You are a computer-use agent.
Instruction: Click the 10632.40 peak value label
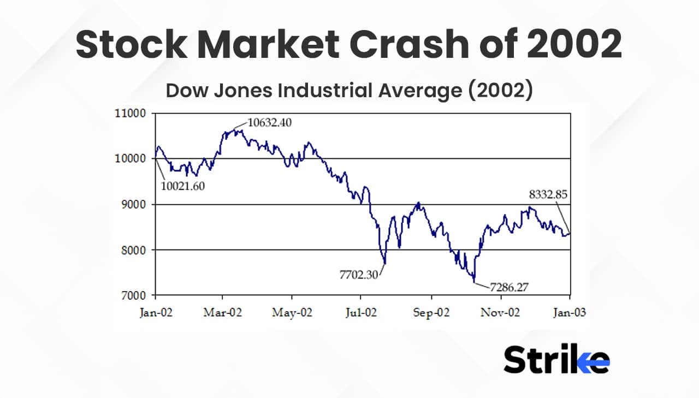[x=269, y=122]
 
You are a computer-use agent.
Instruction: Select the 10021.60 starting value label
[x=183, y=186]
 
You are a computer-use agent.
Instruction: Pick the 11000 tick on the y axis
[x=131, y=114]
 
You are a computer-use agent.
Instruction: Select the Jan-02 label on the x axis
[x=155, y=313]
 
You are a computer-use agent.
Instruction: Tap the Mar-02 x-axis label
[x=223, y=313]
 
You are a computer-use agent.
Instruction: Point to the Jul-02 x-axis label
[x=361, y=313]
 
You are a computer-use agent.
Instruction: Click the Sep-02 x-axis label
[x=431, y=313]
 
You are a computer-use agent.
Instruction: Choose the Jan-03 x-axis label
[x=570, y=313]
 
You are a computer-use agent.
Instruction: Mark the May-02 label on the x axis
[x=292, y=313]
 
